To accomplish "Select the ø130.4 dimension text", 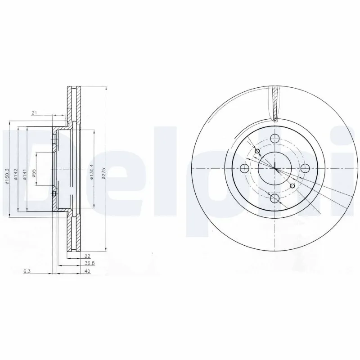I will click(x=91, y=172).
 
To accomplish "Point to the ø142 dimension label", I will click(x=16, y=174).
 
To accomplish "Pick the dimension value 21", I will click(x=34, y=112).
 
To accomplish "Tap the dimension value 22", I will click(x=87, y=256).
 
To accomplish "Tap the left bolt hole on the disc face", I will click(x=245, y=169).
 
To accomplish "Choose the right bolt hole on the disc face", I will click(x=305, y=168).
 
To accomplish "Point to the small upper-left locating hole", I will click(x=257, y=151).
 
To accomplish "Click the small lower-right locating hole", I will click(x=293, y=186).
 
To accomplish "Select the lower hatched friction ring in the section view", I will click(x=73, y=234).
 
